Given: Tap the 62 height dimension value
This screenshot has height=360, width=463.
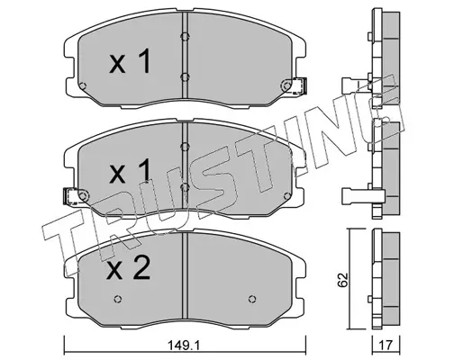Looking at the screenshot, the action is click(342, 280).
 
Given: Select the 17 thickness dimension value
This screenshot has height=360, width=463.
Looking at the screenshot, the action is click(386, 346).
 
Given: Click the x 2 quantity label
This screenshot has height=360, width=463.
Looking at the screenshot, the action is click(130, 268).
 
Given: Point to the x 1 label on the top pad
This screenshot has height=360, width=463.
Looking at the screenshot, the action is click(130, 61).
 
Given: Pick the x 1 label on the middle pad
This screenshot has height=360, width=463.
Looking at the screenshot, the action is click(130, 171).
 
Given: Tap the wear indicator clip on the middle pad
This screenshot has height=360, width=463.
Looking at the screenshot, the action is click(72, 196).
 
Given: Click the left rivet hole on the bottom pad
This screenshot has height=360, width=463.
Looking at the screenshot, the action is click(118, 299).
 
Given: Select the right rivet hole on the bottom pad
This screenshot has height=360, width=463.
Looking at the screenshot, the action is click(252, 299).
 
